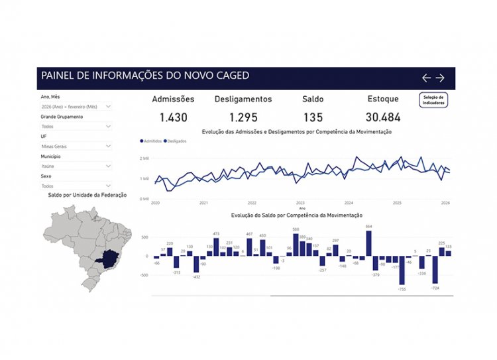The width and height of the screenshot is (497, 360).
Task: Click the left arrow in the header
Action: tap(427, 78)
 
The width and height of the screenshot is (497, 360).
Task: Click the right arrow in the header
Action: tap(439, 78)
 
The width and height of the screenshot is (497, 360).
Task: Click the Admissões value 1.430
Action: tap(173, 117)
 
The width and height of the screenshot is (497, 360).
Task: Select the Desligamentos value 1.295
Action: tap(243, 117)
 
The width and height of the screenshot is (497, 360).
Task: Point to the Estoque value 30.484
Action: tap(383, 117)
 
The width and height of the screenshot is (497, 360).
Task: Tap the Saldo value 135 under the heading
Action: tap(313, 117)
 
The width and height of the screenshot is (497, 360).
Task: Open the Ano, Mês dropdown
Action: tap(75, 106)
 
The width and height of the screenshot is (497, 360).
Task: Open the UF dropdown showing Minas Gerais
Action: tap(75, 146)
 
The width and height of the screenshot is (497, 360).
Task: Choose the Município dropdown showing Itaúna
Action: tap(75, 166)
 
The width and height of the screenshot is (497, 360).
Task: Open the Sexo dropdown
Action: tap(75, 186)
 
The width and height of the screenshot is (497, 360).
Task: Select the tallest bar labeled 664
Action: tap(368, 243)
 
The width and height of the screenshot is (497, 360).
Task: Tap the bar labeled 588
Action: tap(296, 245)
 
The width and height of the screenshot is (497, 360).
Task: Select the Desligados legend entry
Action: tap(175, 141)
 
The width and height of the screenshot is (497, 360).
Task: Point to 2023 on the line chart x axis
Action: tap(300, 203)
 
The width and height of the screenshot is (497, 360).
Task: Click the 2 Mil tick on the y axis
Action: tap(144, 158)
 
